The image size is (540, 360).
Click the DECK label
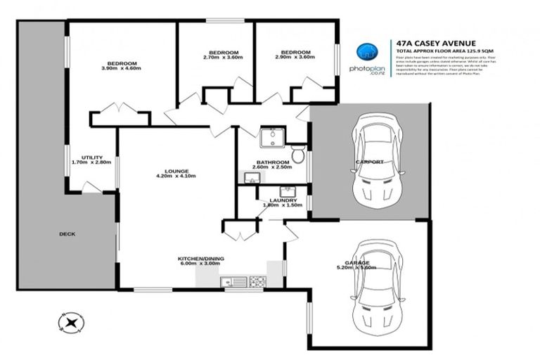(x=67, y=234)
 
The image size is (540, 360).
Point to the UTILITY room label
(x=92, y=157)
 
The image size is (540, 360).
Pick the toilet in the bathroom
(x=298, y=153)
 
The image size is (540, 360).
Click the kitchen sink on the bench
(x=231, y=283)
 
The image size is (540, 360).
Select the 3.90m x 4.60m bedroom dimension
(x=122, y=68)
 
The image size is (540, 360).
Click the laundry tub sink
(x=287, y=191)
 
